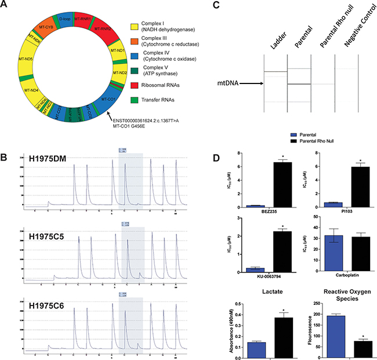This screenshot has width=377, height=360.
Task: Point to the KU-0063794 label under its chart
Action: click(x=269, y=277)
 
